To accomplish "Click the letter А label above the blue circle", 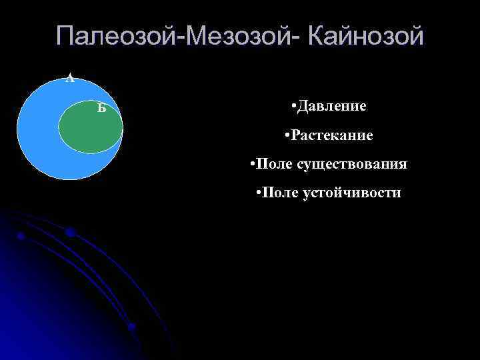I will (69, 79).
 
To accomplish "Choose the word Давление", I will (333, 106).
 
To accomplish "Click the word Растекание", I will (331, 135).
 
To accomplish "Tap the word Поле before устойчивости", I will (281, 193).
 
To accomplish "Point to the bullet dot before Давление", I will (294, 107).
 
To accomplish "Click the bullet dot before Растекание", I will (285, 136).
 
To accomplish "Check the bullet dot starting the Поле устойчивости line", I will (258, 194).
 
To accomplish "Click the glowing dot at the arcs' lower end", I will (131, 327).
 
